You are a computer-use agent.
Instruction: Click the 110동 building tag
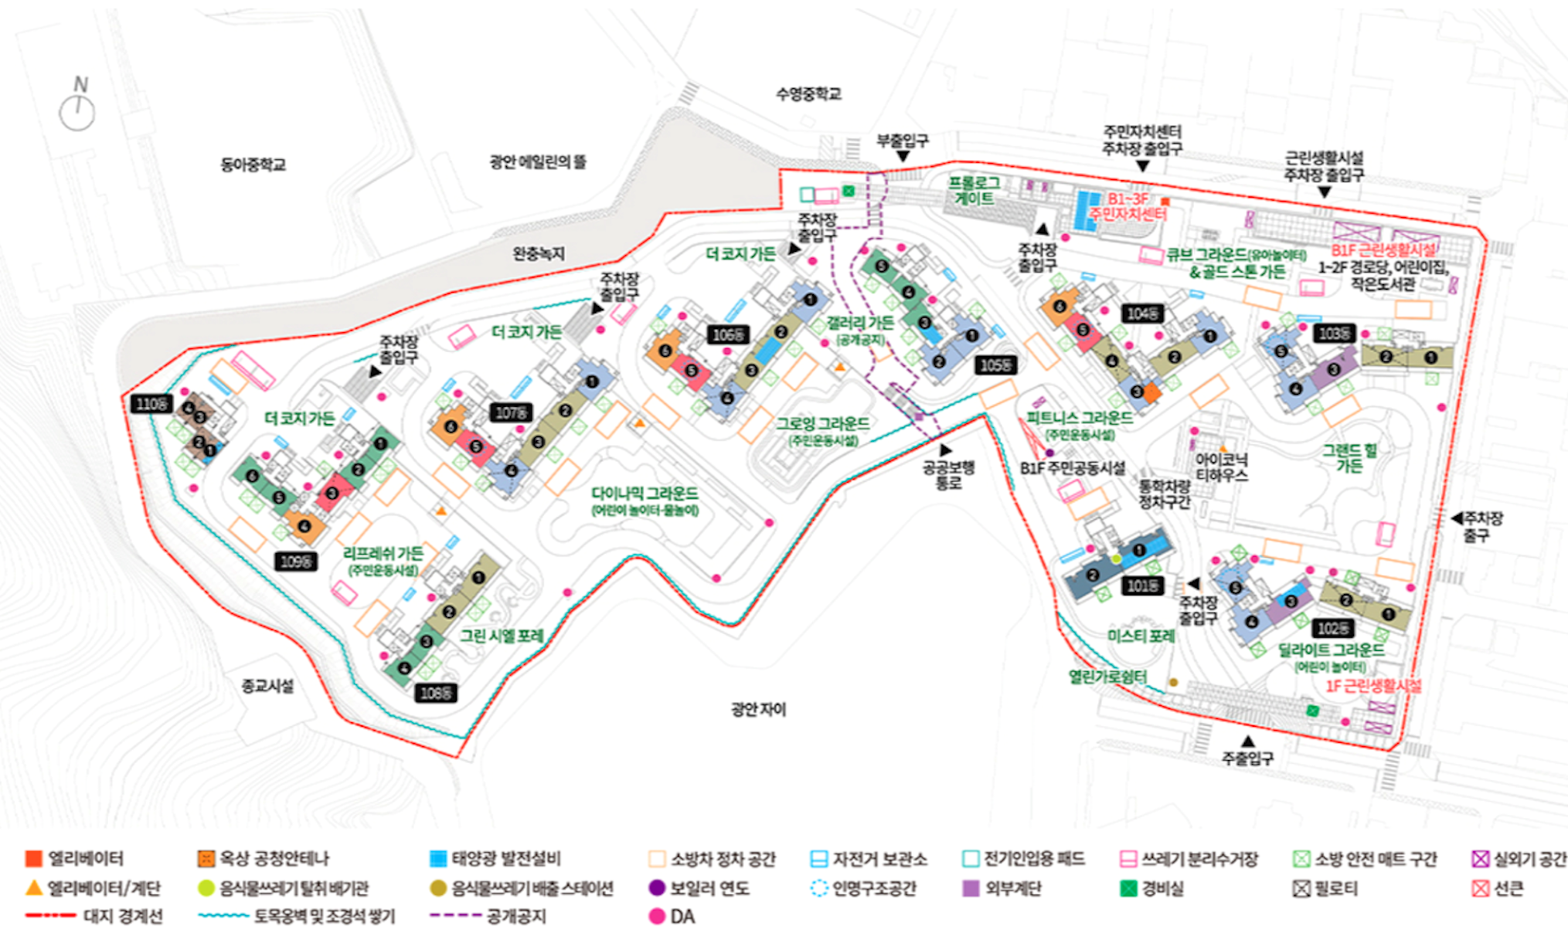click(151, 404)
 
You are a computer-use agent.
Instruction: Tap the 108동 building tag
click(436, 694)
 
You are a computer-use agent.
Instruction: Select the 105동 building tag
click(995, 365)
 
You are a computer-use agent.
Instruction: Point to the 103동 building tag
click(1334, 334)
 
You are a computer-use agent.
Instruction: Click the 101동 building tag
click(1143, 586)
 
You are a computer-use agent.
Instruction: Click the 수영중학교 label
click(808, 94)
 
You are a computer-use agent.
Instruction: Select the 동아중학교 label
click(253, 165)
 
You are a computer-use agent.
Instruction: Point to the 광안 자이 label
click(758, 709)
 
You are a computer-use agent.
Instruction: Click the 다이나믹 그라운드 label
click(645, 494)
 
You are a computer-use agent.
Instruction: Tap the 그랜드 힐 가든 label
click(1349, 457)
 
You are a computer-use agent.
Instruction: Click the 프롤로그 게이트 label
click(974, 190)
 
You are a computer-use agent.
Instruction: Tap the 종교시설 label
click(267, 686)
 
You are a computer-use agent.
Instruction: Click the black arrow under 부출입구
click(902, 157)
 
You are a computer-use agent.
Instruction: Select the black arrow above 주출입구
click(1247, 741)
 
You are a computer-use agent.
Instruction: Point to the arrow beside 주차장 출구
click(1456, 518)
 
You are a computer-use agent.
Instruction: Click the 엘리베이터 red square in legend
click(33, 859)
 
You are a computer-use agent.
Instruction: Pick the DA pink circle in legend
click(657, 917)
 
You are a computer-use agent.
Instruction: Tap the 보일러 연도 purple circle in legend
click(657, 888)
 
